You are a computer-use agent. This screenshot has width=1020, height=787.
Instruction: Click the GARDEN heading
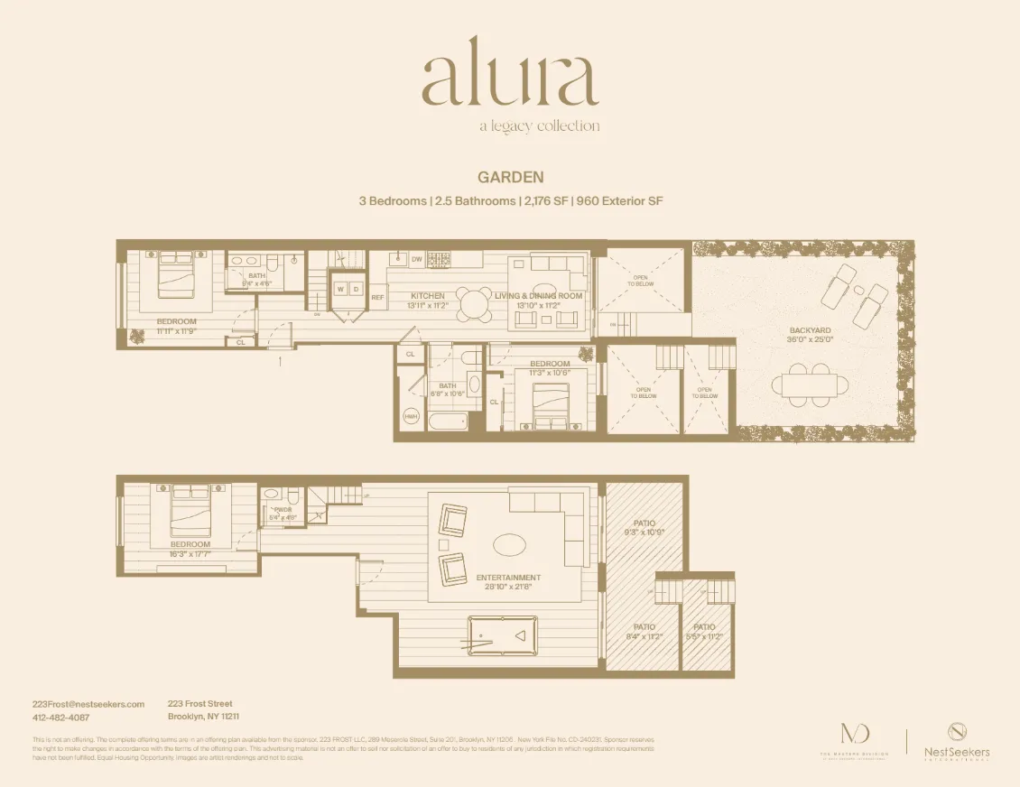pos(509,178)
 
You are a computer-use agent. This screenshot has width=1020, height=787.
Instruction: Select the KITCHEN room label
pos(428,296)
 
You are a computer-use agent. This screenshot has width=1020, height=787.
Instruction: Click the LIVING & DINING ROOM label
pos(538,296)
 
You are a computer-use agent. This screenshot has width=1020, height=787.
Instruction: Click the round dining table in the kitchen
pos(474,301)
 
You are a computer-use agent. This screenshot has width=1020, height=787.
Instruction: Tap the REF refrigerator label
pos(377,297)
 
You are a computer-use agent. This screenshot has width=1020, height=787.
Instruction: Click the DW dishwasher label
pos(416,259)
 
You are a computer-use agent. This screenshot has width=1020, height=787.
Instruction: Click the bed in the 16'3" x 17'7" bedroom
pos(190,505)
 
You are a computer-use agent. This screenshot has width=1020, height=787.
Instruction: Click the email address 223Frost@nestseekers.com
pos(88,704)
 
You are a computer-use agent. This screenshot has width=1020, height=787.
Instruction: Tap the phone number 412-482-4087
pos(60,718)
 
